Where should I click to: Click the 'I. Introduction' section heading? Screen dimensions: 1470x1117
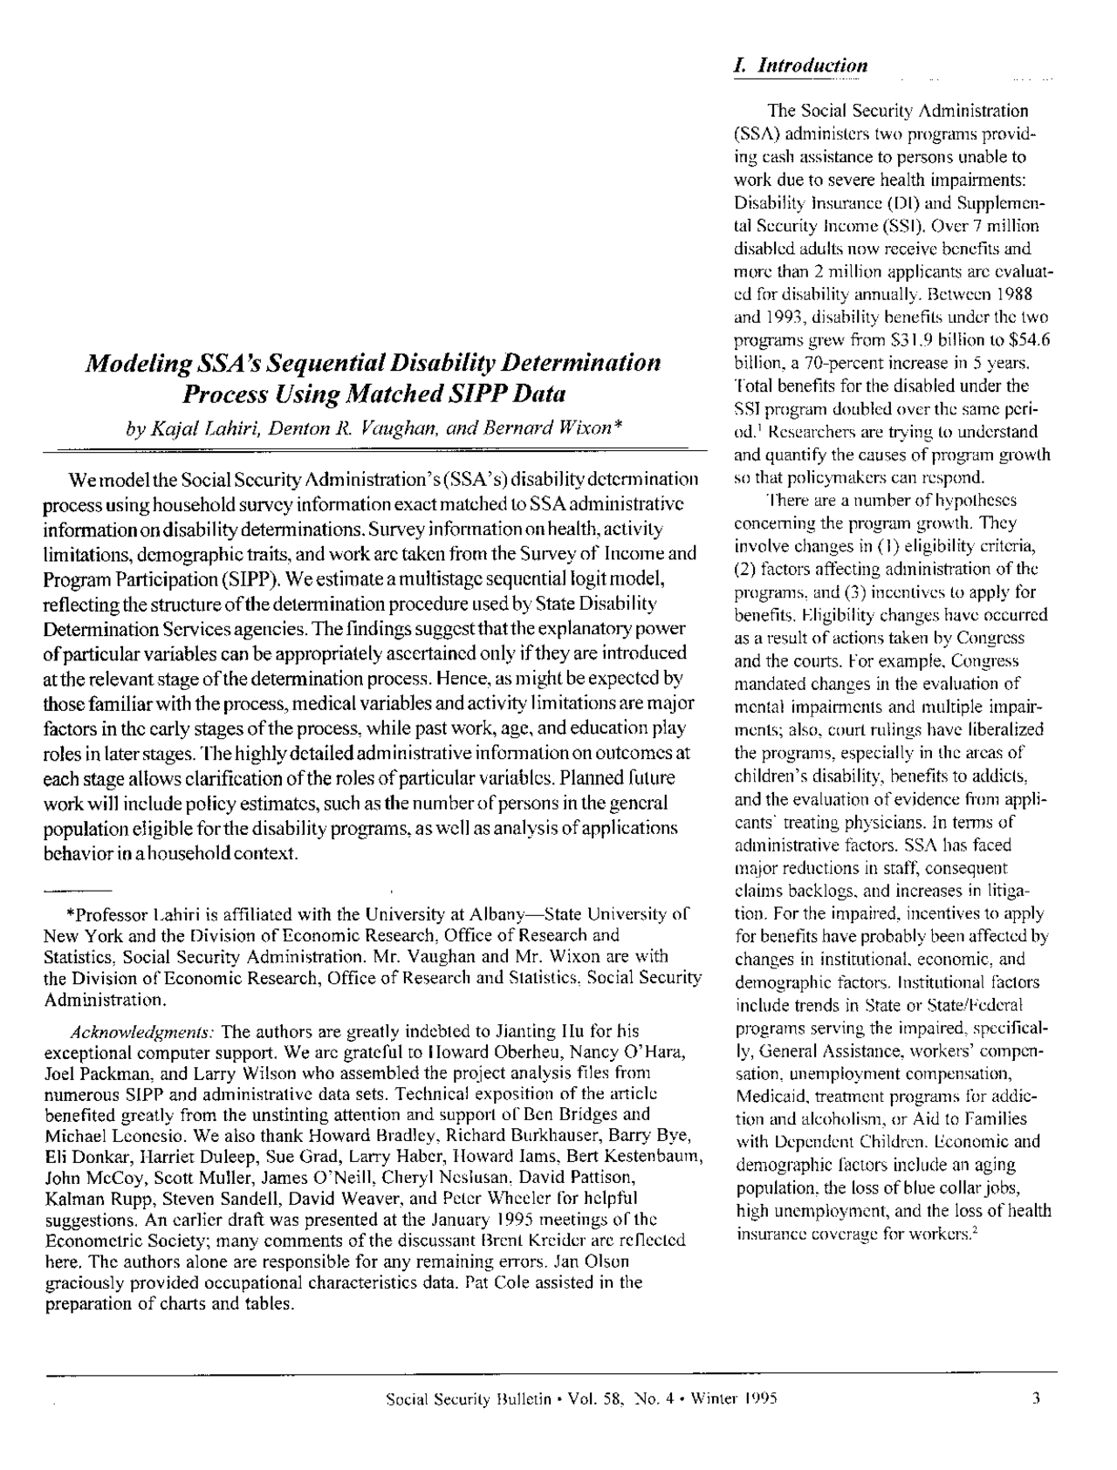801,66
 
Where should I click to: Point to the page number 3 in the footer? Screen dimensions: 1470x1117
1035,1399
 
